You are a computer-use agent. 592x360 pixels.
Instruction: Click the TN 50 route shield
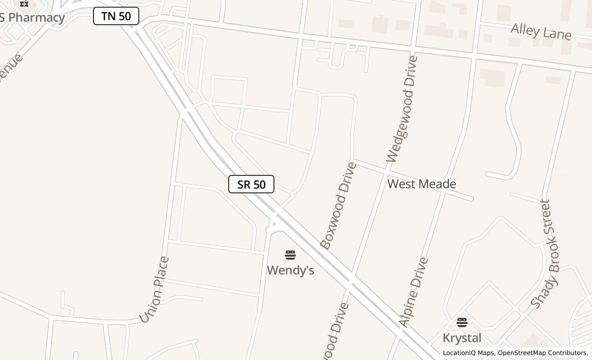[116, 16]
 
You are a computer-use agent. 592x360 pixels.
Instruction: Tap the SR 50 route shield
[251, 184]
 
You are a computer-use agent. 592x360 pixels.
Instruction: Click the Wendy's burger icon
[290, 255]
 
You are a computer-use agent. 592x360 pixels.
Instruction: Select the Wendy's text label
[290, 270]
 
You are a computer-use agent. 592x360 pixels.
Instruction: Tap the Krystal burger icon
[462, 322]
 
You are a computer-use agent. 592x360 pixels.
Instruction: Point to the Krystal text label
[462, 338]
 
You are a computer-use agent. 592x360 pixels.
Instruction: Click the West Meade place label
[421, 184]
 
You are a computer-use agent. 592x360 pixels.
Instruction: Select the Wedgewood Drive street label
[402, 109]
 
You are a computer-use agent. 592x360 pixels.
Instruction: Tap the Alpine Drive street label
[414, 292]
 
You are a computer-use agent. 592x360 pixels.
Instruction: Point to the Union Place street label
[154, 290]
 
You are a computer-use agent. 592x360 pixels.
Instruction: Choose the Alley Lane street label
[541, 31]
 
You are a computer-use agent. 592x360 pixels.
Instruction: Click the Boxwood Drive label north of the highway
[339, 206]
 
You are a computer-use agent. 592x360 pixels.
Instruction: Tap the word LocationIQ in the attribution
[459, 353]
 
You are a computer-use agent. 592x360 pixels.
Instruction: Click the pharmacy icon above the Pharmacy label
[24, 4]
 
